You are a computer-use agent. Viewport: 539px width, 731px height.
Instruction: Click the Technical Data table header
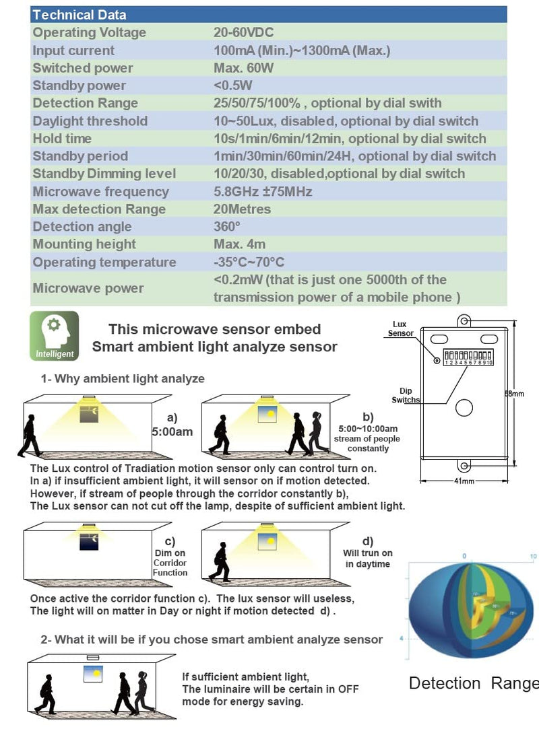point(80,14)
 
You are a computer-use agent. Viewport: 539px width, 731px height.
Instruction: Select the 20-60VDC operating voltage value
point(243,32)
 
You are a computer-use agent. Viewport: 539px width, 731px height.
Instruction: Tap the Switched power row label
point(83,67)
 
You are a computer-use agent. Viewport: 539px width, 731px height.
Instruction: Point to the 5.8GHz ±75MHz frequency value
point(263,191)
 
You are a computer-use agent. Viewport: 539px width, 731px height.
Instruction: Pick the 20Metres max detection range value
point(242,209)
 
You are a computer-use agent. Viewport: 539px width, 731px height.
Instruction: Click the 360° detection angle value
point(227,227)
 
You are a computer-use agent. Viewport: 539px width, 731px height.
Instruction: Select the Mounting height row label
point(84,244)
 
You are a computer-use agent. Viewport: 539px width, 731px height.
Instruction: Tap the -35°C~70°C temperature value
point(249,262)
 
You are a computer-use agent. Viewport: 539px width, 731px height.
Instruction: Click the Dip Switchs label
point(406,395)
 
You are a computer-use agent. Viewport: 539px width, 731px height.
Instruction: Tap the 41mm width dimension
point(464,481)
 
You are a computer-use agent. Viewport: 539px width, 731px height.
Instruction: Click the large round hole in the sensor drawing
point(464,407)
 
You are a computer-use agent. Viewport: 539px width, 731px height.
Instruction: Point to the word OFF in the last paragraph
point(348,689)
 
